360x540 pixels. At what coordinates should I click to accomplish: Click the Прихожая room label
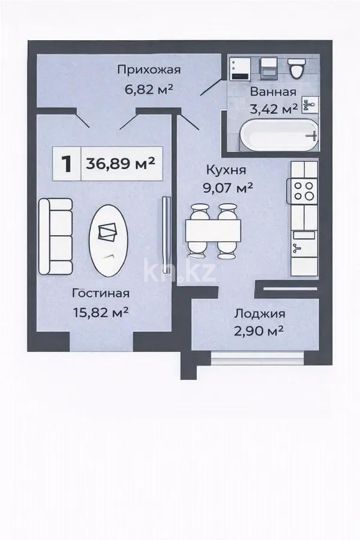point(149,70)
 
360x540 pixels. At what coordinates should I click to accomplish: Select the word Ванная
point(273,92)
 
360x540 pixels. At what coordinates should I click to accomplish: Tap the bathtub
point(277,136)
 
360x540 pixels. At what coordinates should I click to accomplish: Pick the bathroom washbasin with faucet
point(311,107)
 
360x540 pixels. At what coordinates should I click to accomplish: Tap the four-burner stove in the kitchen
point(302,190)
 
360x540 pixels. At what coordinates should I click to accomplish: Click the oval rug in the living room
point(109,240)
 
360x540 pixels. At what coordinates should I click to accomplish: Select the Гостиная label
point(101,293)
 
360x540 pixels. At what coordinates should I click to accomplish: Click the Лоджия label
point(259,313)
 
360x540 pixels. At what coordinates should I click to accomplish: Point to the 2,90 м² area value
point(259,331)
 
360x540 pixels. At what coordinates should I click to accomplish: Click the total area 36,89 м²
point(121,163)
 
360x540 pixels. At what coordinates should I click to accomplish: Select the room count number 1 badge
point(68,163)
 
